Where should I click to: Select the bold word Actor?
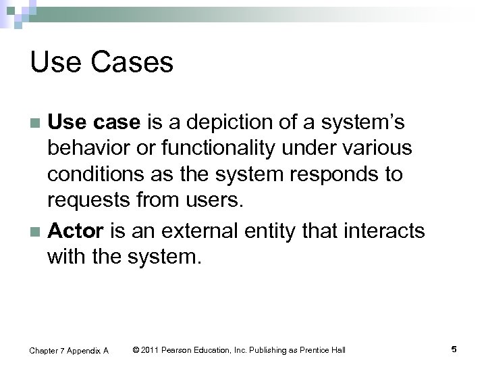74,231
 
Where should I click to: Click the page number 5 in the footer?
454,349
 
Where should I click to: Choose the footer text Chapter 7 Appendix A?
68,350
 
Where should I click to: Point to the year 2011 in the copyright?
150,349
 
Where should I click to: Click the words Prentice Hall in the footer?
323,349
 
